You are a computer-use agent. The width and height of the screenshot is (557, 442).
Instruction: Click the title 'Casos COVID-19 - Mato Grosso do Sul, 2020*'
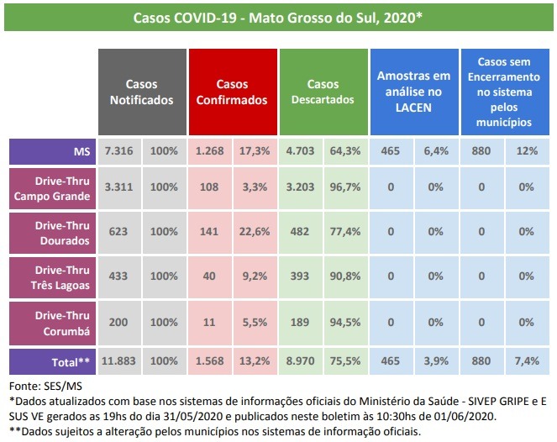[278, 18]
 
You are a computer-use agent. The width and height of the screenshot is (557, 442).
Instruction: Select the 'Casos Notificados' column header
[142, 92]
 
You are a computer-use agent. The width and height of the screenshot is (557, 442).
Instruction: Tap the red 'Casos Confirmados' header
[232, 92]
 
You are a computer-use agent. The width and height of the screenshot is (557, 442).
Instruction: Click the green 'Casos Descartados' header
[323, 92]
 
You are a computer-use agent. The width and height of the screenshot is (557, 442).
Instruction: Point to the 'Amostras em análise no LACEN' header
[413, 92]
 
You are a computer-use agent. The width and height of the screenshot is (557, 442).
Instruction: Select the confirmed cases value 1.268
[210, 150]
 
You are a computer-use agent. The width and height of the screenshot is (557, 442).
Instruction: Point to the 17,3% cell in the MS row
[255, 150]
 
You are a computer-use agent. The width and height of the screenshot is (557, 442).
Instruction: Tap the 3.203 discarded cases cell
[301, 188]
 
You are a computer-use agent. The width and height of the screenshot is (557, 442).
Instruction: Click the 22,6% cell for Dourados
[255, 234]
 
